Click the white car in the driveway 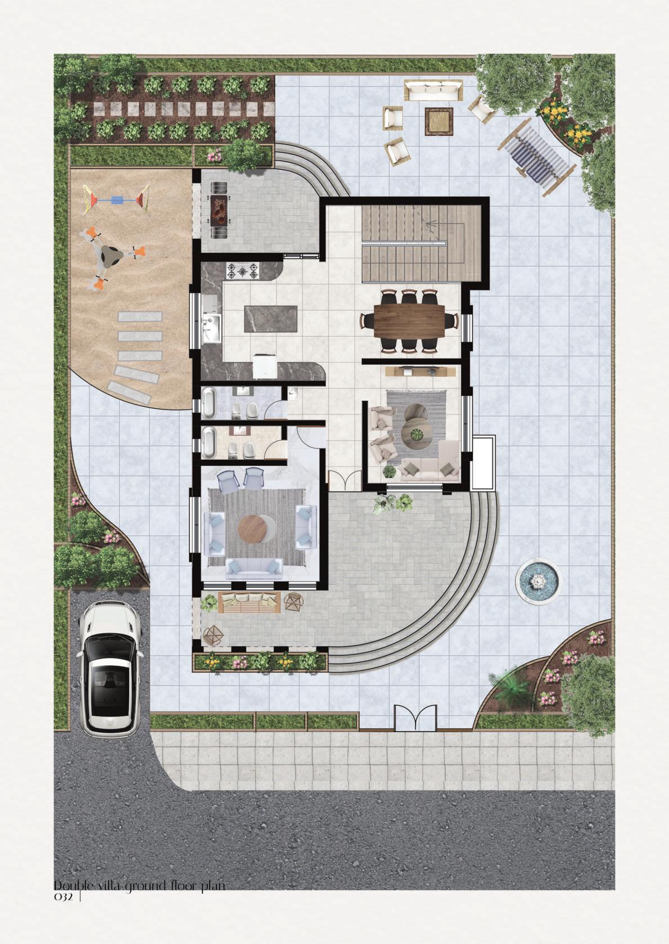click(109, 669)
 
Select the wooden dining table click(409, 321)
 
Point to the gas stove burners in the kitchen click(243, 271)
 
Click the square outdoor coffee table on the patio click(439, 121)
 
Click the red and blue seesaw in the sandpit click(117, 199)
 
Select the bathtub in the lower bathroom click(209, 441)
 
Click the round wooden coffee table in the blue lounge click(253, 529)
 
